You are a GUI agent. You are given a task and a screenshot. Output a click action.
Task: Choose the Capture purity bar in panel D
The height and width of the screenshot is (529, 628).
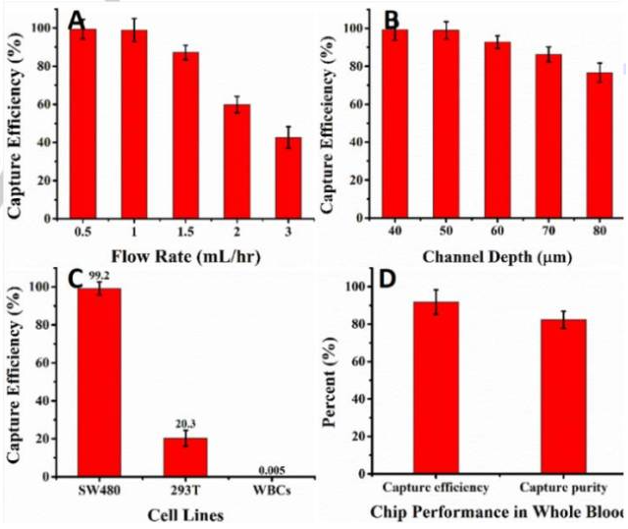[563, 397]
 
